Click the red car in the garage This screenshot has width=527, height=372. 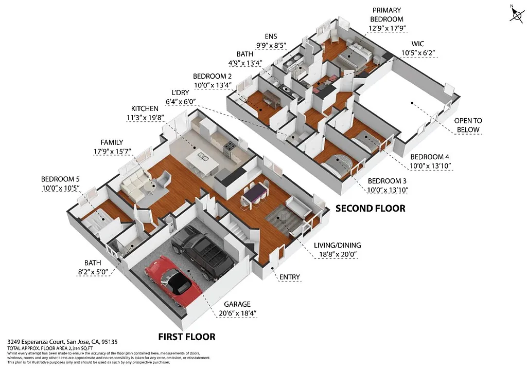tap(170, 280)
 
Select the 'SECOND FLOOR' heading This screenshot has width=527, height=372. tap(370, 209)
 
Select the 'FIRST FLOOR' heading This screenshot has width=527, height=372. tap(186, 337)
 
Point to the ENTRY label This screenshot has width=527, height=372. tap(289, 277)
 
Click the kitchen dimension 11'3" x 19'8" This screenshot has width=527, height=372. tap(152, 119)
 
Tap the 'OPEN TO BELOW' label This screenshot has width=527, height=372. tap(468, 125)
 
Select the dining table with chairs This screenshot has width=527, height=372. tap(254, 194)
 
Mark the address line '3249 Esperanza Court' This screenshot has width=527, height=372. tap(51, 341)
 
